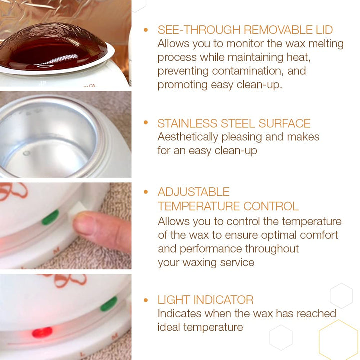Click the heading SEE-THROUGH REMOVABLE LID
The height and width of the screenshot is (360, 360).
245,30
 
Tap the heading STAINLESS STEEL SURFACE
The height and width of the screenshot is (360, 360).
234,123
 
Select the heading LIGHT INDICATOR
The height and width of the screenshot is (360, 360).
205,300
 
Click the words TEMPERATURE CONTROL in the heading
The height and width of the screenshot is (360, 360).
228,206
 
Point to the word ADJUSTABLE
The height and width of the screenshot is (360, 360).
193,192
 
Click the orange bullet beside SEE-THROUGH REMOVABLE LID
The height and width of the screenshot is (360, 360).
146,30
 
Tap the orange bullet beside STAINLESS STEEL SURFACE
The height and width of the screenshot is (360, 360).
146,123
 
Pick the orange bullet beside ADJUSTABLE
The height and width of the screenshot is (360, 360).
146,192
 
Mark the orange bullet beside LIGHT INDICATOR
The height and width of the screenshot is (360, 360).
146,300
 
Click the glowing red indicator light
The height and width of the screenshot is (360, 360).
42,332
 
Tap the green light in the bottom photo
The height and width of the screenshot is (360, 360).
108,304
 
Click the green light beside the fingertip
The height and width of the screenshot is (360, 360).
50,218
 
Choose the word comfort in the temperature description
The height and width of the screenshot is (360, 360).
318,235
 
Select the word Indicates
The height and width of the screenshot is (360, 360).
180,314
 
